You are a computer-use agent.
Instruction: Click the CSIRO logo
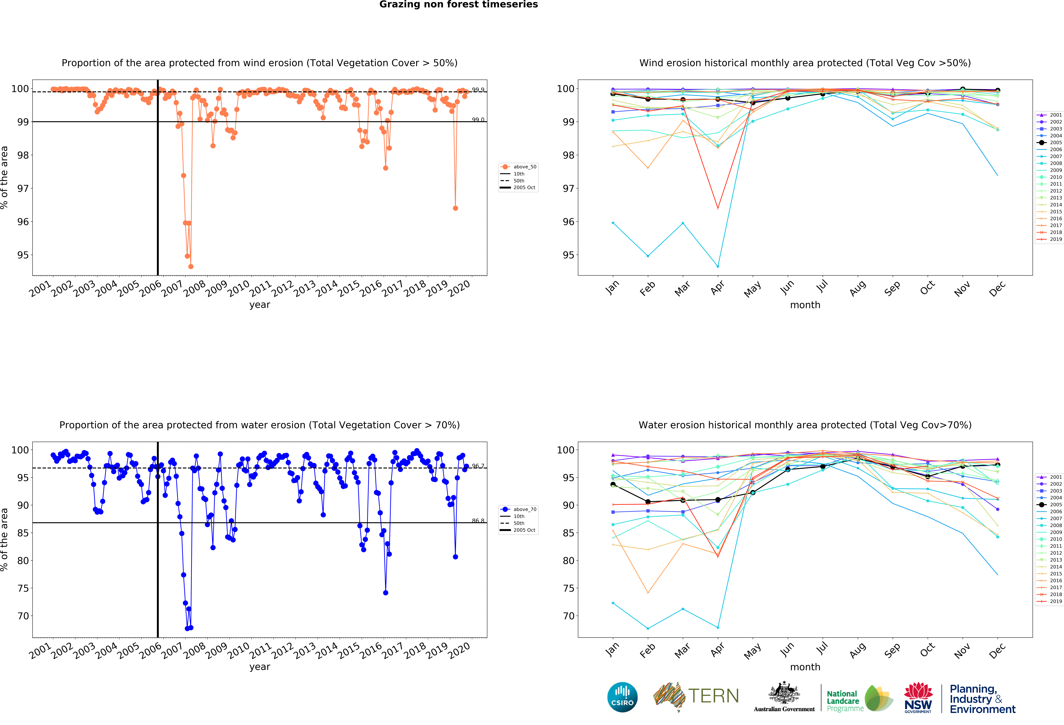(622, 697)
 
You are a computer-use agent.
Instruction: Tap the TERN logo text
(713, 696)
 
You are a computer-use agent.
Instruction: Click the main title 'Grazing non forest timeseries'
(458, 5)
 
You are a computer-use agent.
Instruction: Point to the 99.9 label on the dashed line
(478, 90)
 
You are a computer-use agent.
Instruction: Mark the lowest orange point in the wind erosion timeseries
(190, 266)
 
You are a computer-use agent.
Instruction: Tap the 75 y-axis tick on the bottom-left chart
(23, 588)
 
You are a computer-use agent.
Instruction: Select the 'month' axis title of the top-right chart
(805, 305)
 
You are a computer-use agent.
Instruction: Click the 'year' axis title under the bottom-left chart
(260, 667)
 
